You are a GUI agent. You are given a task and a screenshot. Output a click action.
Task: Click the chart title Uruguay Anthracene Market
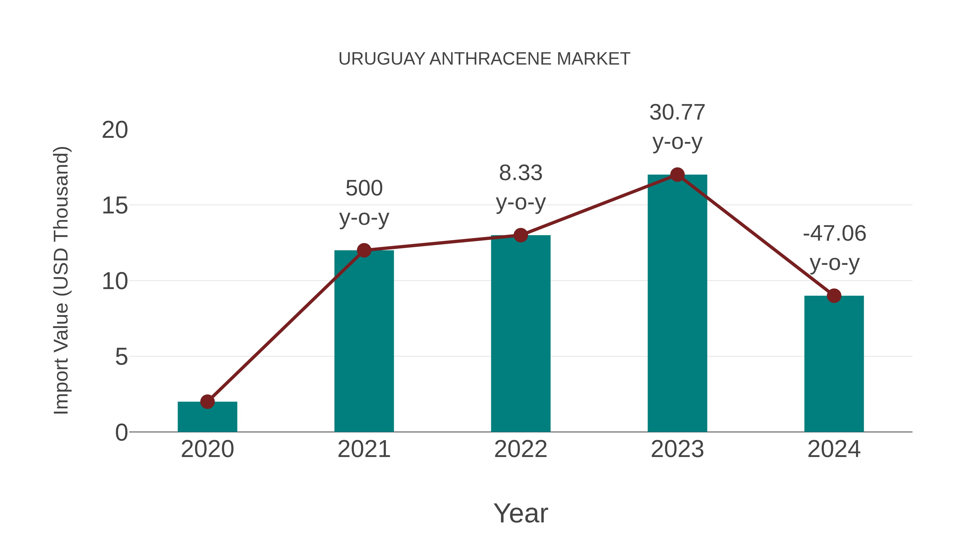point(484,59)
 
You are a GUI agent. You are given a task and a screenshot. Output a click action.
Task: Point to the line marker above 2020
point(207,402)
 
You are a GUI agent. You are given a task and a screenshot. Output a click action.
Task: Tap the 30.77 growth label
point(677,127)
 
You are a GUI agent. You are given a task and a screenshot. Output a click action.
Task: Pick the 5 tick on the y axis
point(121,357)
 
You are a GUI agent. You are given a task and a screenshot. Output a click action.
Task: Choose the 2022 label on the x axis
point(521,449)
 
